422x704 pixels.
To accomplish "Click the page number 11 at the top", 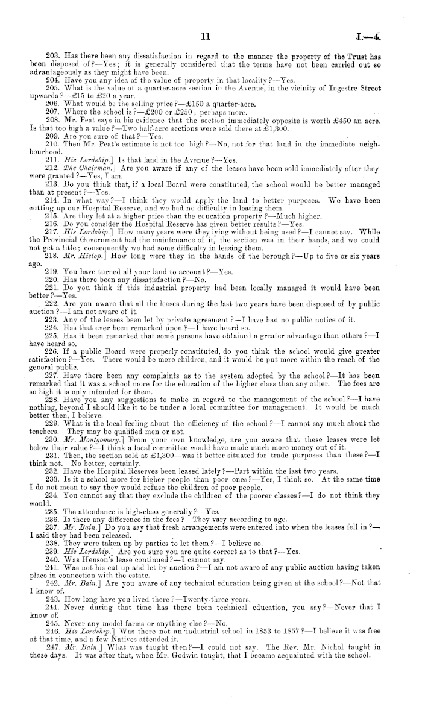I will point(204,37).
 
